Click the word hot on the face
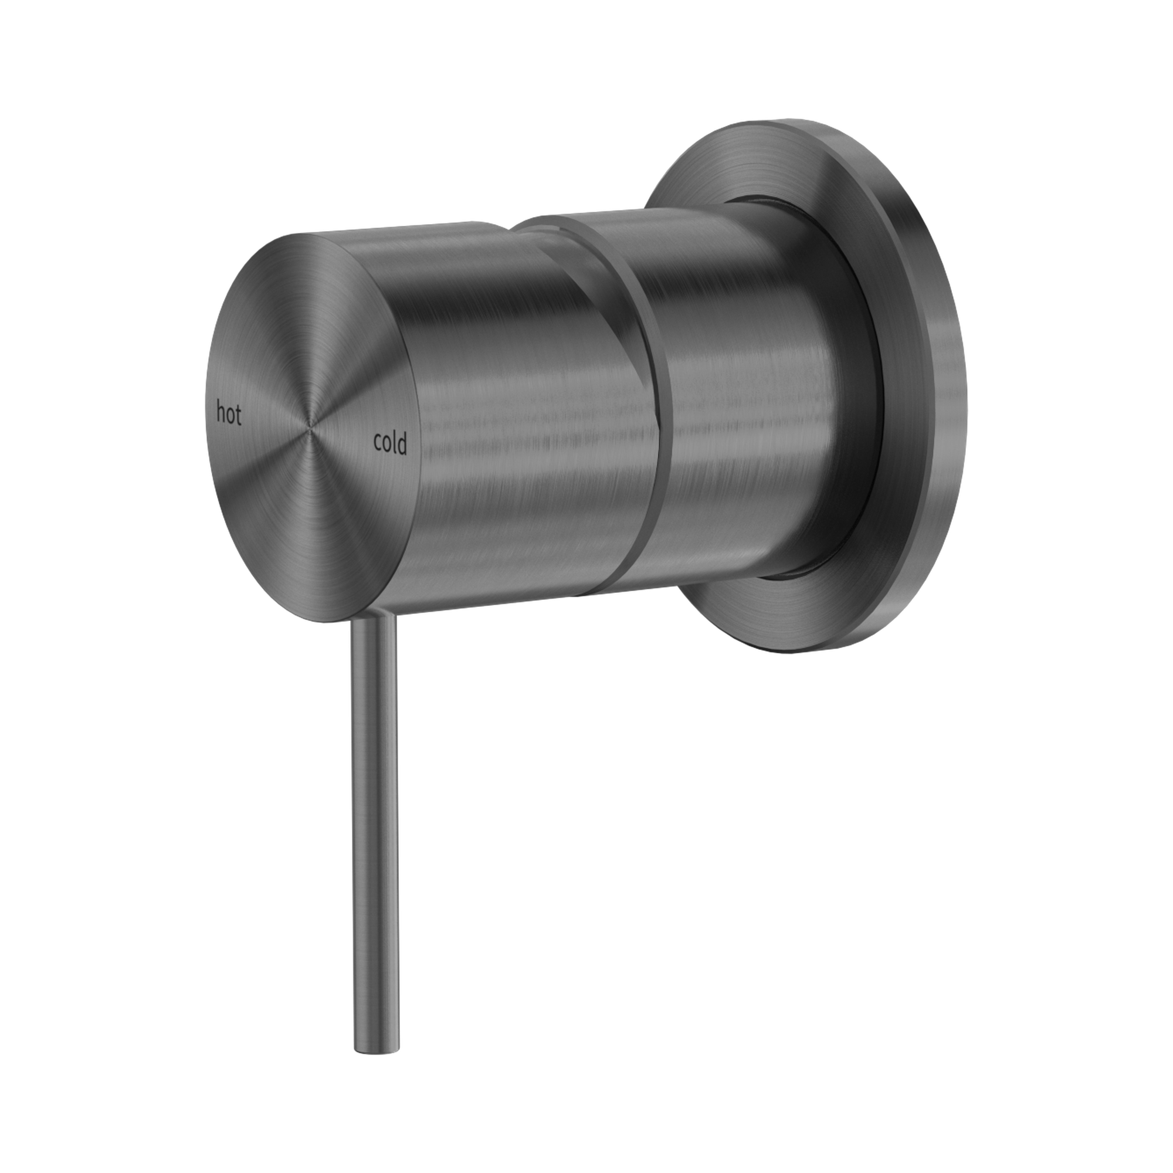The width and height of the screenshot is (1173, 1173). pyautogui.click(x=229, y=415)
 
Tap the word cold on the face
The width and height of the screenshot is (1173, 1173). pyautogui.click(x=390, y=444)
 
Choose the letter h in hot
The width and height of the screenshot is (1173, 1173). pyautogui.click(x=222, y=414)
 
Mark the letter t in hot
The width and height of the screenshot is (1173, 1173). pyautogui.click(x=239, y=416)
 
